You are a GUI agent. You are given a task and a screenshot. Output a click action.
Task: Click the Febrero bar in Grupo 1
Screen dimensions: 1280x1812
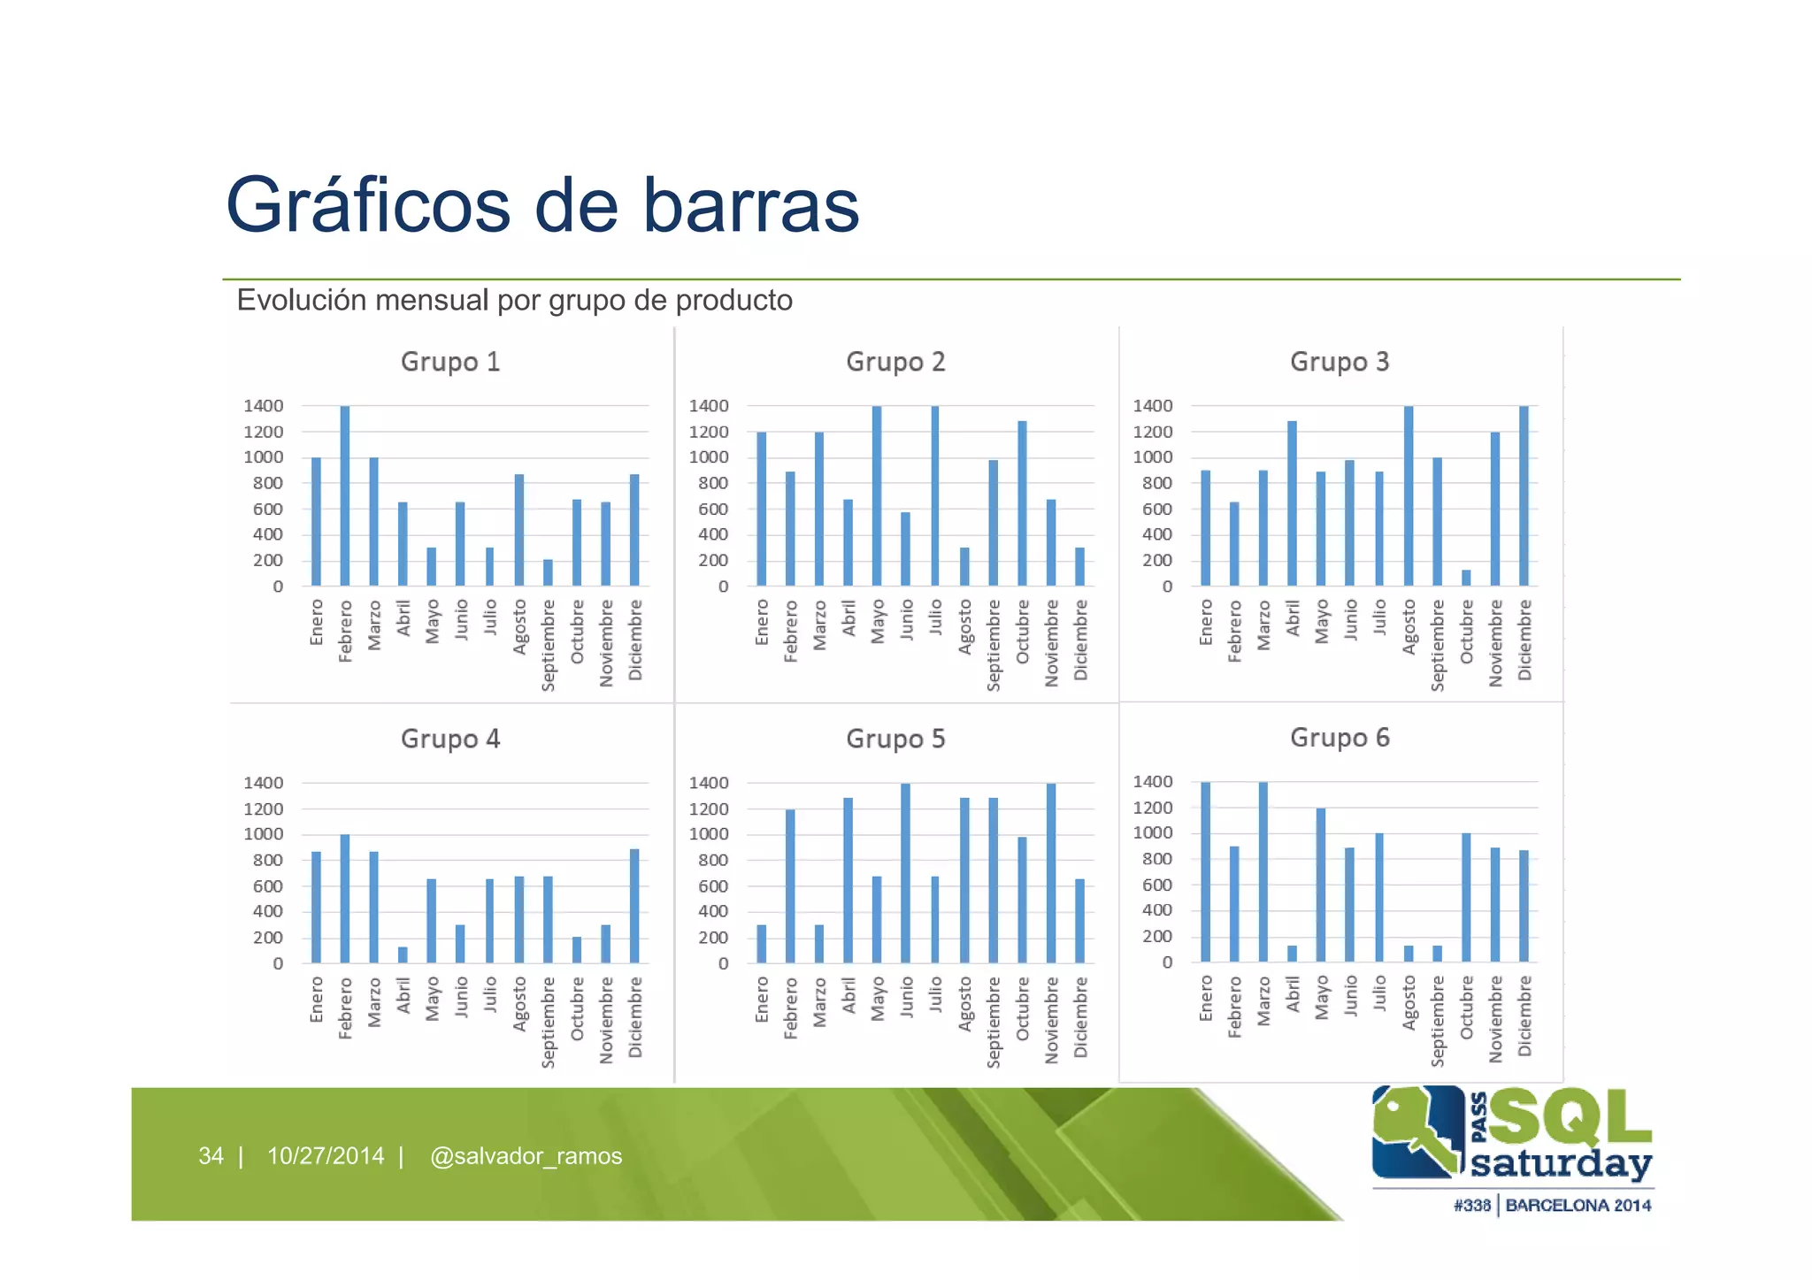(x=345, y=495)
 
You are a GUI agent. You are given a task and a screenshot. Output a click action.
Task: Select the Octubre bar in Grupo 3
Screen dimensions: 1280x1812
(x=1466, y=578)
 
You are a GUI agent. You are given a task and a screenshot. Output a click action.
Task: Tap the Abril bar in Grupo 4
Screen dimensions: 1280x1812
(x=403, y=954)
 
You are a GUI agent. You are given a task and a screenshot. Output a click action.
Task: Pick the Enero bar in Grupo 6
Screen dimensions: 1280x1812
(x=1206, y=871)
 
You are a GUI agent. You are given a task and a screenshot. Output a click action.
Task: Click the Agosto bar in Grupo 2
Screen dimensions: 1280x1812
(x=964, y=566)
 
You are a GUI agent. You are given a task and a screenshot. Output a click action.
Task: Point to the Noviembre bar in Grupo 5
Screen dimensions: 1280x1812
(x=1051, y=873)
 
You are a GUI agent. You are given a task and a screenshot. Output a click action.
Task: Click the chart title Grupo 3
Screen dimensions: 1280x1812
(x=1340, y=362)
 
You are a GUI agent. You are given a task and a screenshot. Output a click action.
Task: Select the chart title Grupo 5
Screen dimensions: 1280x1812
(x=895, y=739)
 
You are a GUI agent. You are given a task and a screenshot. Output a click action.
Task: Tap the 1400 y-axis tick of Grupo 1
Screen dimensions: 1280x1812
(x=264, y=406)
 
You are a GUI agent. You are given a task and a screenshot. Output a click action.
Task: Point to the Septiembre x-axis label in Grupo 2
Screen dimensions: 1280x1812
(x=994, y=645)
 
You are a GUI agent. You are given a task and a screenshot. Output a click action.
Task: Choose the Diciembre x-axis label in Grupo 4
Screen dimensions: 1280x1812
(x=635, y=1017)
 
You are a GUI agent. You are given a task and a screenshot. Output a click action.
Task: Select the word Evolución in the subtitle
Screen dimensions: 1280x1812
(x=302, y=301)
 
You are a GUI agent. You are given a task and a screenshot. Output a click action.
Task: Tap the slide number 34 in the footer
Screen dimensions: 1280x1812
(x=211, y=1156)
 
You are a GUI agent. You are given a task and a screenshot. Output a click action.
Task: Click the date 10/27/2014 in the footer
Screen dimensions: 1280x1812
(x=326, y=1156)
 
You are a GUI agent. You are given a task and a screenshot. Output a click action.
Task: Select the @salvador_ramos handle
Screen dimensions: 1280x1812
(x=526, y=1156)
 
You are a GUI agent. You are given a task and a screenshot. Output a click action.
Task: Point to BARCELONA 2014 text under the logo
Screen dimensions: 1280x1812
(x=1578, y=1206)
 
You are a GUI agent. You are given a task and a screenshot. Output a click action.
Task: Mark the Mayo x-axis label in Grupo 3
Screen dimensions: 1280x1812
(x=1322, y=622)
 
